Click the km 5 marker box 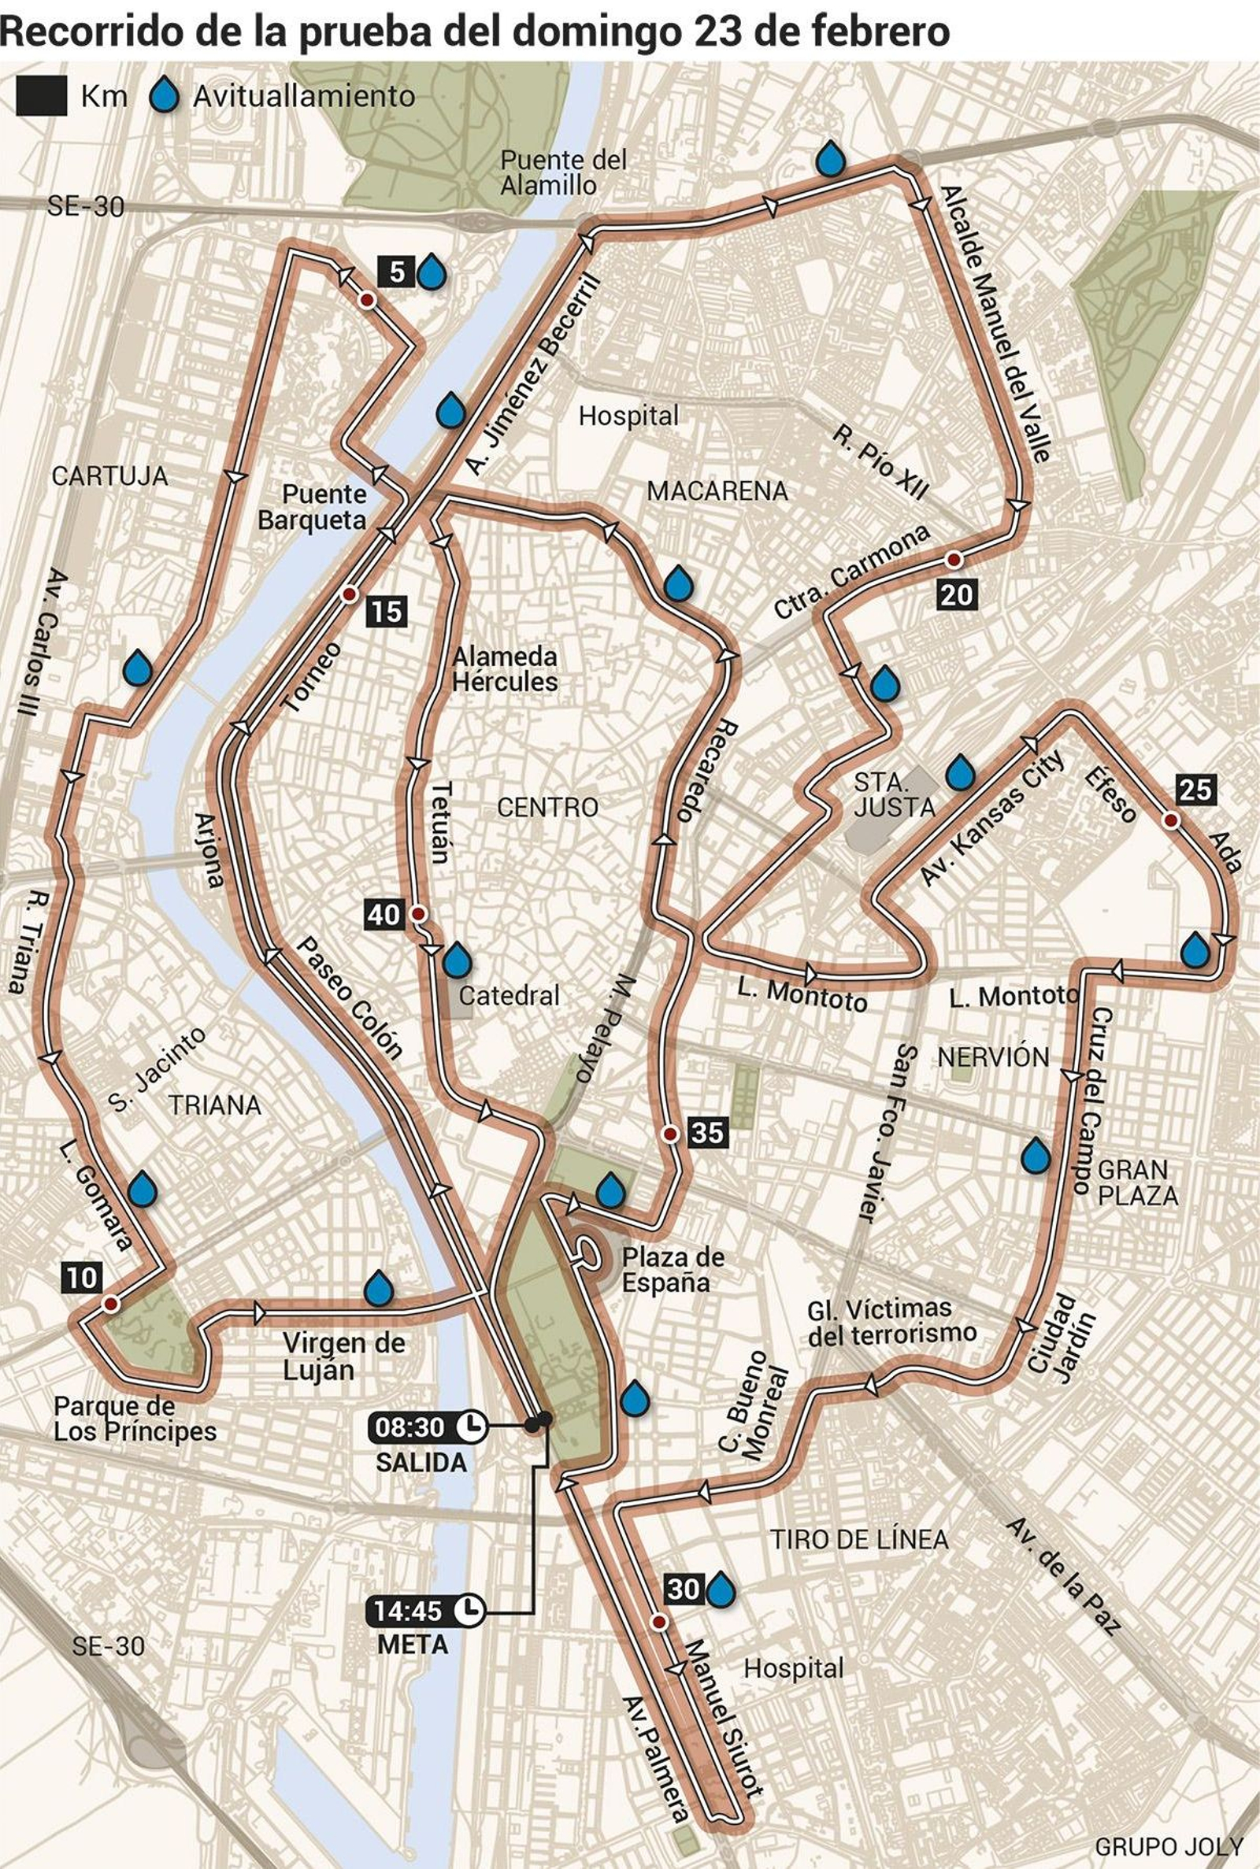point(396,273)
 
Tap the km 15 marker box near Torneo point(387,612)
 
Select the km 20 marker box point(956,595)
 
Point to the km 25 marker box point(1195,790)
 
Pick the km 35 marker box point(708,1132)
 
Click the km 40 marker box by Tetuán point(384,914)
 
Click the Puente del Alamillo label point(562,172)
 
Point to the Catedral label point(509,996)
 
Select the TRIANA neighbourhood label point(214,1105)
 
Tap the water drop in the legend point(165,95)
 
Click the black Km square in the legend point(41,96)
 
